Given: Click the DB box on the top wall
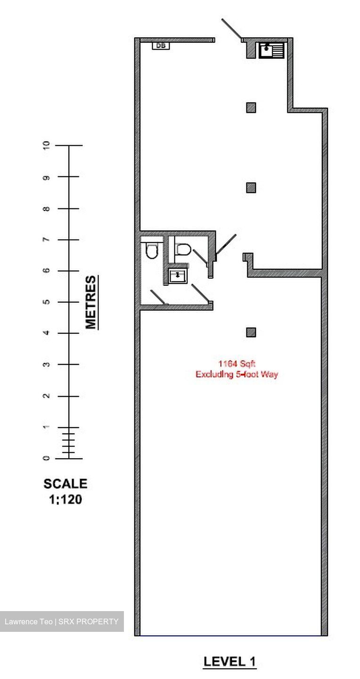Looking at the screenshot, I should [x=161, y=46].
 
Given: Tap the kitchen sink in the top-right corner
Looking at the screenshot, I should [x=271, y=50].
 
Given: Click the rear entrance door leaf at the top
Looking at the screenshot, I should [x=231, y=29].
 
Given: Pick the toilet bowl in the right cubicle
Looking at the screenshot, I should [x=182, y=249].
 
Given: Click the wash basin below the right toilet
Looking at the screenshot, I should [x=178, y=275].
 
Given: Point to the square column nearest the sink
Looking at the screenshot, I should [x=251, y=108].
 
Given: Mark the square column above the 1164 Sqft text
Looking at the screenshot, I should [x=251, y=332].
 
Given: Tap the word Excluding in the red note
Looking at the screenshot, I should [x=212, y=375].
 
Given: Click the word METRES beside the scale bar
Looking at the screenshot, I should [x=90, y=302].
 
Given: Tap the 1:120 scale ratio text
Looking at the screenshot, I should [x=65, y=499].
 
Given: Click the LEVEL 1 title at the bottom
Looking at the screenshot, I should [x=229, y=662].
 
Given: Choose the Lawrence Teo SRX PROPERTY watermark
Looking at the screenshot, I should [x=62, y=621].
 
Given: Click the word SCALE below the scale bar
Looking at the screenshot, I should [x=65, y=484].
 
